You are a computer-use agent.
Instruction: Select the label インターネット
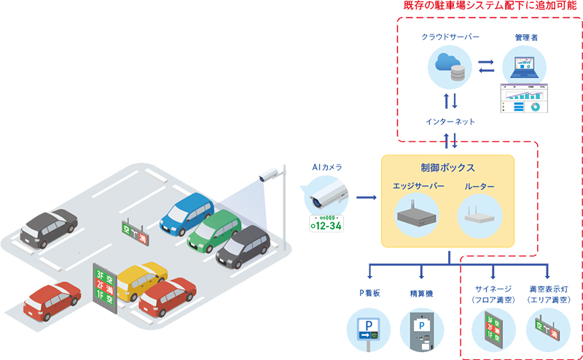coord(450,122)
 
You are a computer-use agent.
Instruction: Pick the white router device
coord(479,215)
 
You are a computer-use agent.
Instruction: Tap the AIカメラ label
coord(326,168)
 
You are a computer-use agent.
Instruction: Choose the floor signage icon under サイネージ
coord(492,329)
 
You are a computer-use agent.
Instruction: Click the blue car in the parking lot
coord(186,211)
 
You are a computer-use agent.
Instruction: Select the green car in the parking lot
coord(213,230)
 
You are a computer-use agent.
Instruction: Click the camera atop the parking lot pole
coord(268,175)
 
